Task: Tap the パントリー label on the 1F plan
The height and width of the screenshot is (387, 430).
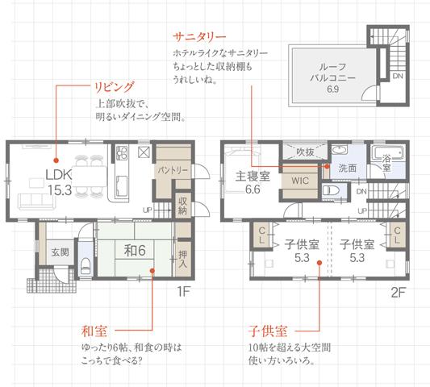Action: (172, 171)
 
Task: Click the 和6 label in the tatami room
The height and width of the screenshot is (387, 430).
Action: (134, 251)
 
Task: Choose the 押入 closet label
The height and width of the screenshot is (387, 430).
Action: (183, 257)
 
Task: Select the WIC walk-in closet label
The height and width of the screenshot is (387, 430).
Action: (301, 181)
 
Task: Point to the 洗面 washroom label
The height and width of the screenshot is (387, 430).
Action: (348, 169)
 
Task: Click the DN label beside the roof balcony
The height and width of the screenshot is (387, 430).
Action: (398, 76)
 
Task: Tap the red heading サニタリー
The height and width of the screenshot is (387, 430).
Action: (199, 36)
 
